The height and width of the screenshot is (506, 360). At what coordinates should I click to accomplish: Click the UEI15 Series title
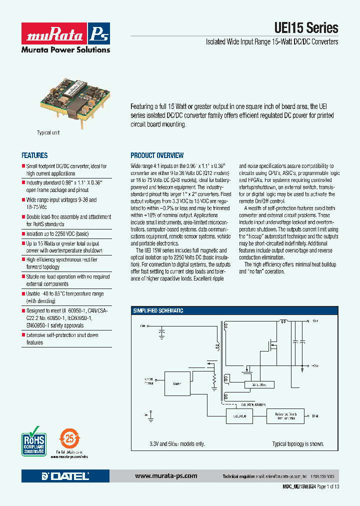pyautogui.click(x=306, y=27)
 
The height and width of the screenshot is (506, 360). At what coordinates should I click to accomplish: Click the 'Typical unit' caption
pyautogui.click(x=48, y=133)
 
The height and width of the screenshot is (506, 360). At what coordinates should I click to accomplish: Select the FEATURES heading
pyautogui.click(x=34, y=155)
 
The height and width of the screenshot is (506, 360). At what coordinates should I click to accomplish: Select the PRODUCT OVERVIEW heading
pyautogui.click(x=157, y=155)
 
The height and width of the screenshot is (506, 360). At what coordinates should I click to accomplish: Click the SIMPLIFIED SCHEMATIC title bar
pyautogui.click(x=158, y=310)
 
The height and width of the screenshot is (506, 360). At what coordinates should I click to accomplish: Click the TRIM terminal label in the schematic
pyautogui.click(x=314, y=416)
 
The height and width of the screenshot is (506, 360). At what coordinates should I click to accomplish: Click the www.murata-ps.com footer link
pyautogui.click(x=166, y=476)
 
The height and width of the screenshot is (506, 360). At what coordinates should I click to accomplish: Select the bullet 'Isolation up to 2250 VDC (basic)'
pyautogui.click(x=58, y=233)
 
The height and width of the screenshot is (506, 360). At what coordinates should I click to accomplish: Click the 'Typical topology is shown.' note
pyautogui.click(x=297, y=444)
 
